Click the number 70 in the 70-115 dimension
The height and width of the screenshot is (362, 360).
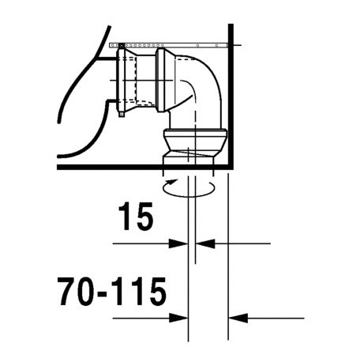80,294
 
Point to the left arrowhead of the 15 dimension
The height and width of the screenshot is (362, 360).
180,243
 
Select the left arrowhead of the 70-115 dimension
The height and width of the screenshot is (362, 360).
180,318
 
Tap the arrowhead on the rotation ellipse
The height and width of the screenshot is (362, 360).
168,189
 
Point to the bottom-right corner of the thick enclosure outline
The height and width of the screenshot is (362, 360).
228,168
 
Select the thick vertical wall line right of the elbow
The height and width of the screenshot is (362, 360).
228,103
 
